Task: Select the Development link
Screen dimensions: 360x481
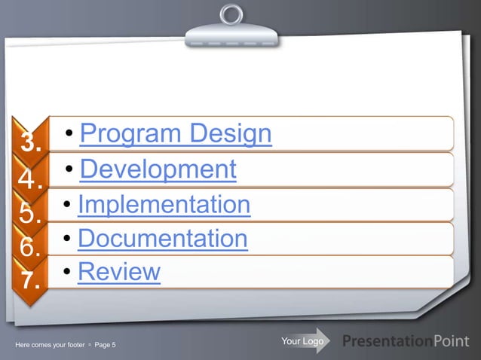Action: (x=158, y=169)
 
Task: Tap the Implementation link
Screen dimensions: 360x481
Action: (x=164, y=204)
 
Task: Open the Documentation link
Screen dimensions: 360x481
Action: (x=162, y=239)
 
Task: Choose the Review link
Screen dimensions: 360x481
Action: (x=119, y=271)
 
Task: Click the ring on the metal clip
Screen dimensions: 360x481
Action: (x=231, y=14)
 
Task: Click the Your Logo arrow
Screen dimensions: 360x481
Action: (x=304, y=342)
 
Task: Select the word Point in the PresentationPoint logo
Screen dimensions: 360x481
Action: (x=455, y=343)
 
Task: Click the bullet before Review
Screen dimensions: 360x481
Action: (x=68, y=271)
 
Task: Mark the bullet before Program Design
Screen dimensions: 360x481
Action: (x=69, y=135)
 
